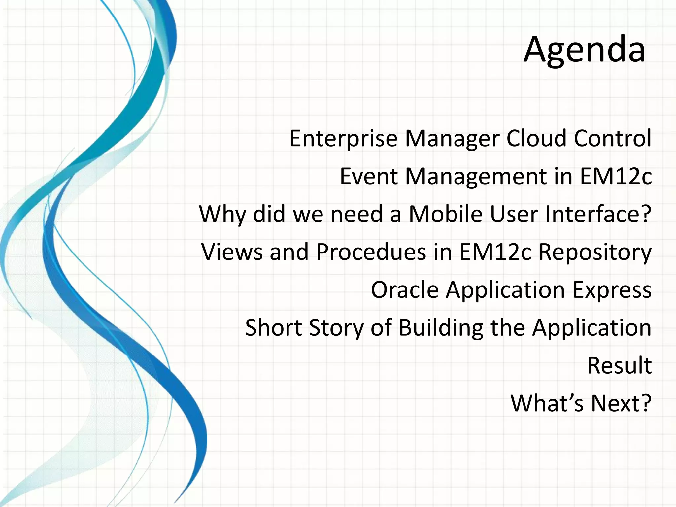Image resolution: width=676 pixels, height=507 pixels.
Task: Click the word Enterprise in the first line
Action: (343, 139)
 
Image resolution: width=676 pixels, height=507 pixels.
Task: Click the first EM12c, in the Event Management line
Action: (616, 176)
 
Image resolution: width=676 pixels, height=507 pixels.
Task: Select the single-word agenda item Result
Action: (619, 365)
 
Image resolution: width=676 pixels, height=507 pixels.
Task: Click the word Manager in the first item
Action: (452, 139)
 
